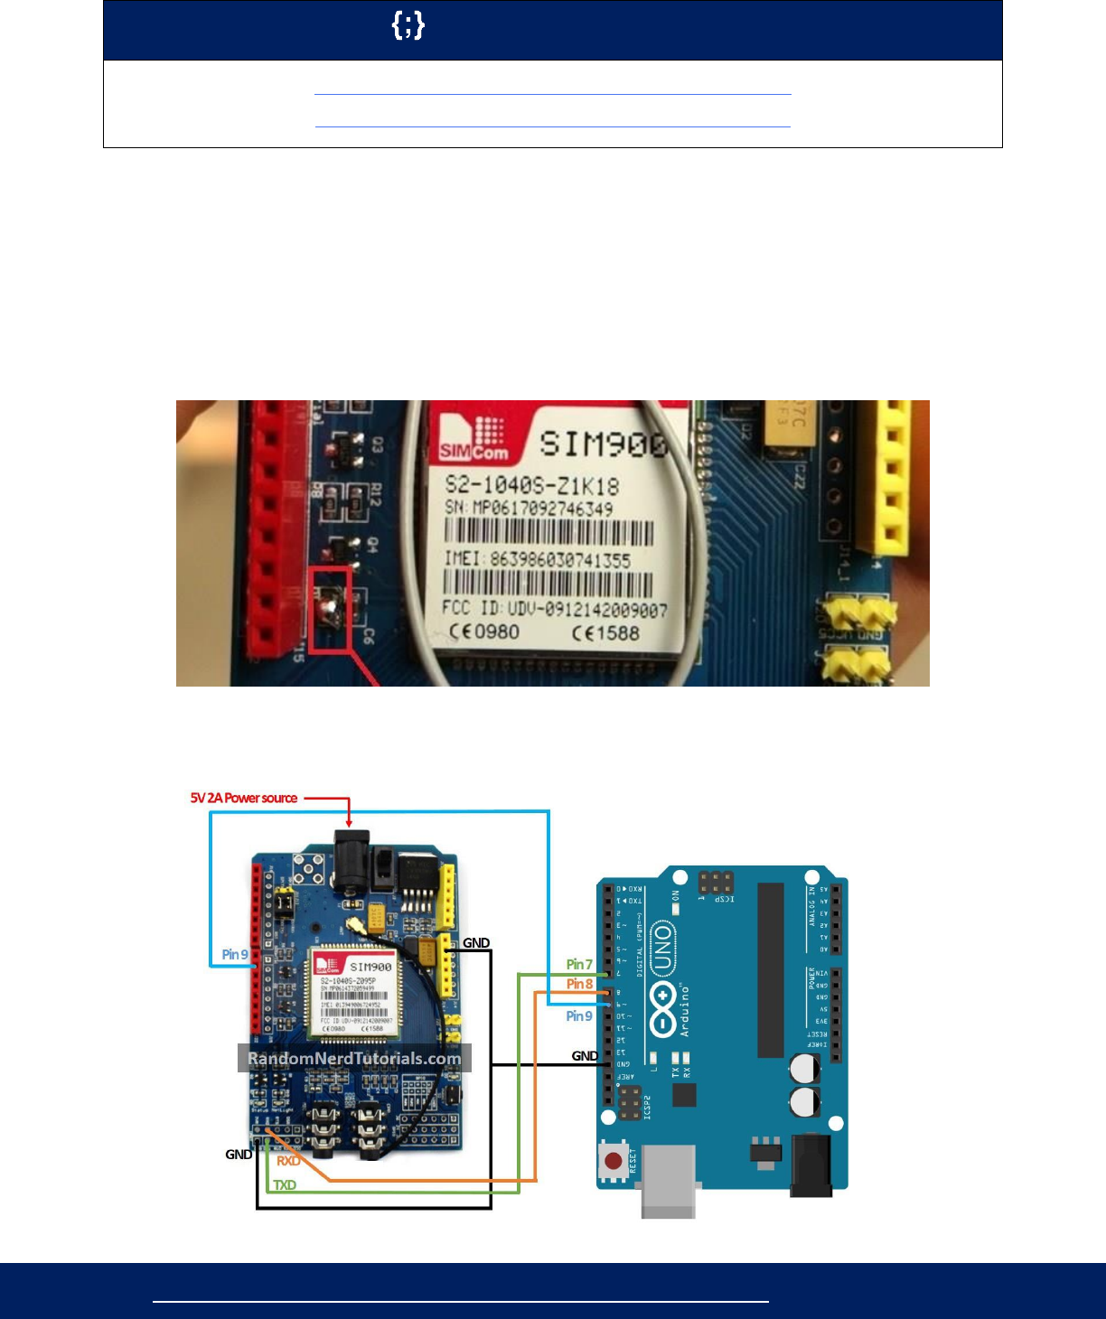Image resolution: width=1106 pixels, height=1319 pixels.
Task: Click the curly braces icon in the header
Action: coord(408,26)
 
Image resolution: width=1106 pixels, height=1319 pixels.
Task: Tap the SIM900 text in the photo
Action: coord(604,444)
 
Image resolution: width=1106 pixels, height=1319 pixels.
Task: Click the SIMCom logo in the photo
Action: coord(474,439)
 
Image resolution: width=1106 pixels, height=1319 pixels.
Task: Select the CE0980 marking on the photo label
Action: coord(484,631)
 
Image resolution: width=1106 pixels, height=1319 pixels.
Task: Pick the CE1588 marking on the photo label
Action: coord(605,633)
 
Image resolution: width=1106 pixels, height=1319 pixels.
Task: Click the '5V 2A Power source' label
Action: coord(244,798)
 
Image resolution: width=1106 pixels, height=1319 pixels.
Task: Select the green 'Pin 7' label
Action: coord(579,965)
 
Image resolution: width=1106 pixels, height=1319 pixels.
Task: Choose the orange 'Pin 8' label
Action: coord(579,984)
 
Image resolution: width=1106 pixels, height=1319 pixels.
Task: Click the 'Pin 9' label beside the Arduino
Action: coord(579,1016)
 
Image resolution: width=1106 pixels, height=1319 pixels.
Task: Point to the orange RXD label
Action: coord(288,1161)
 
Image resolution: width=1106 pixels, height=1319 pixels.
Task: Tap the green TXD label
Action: coord(285,1184)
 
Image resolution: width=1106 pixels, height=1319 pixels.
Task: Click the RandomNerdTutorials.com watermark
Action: coord(354,1058)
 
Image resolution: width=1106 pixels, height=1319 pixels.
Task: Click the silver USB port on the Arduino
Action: coord(668,1179)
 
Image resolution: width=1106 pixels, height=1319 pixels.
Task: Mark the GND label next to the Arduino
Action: coord(585,1055)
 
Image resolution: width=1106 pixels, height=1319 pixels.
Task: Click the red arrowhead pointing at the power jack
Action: coord(349,823)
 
